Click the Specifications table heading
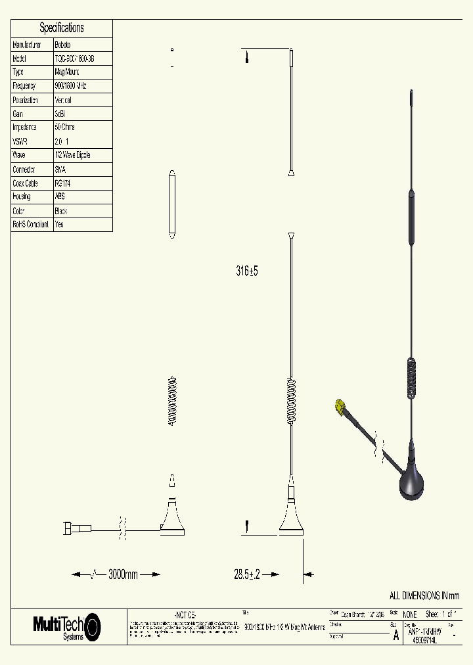click(x=62, y=28)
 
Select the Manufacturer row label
click(x=27, y=45)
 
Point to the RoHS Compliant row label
click(x=30, y=224)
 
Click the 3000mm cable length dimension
click(x=123, y=574)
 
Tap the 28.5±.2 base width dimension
click(x=248, y=574)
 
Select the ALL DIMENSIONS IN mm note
click(x=424, y=595)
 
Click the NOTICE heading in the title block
click(x=185, y=614)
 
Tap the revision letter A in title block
click(x=395, y=635)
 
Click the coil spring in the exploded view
click(x=173, y=401)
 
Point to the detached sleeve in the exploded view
click(x=172, y=204)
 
